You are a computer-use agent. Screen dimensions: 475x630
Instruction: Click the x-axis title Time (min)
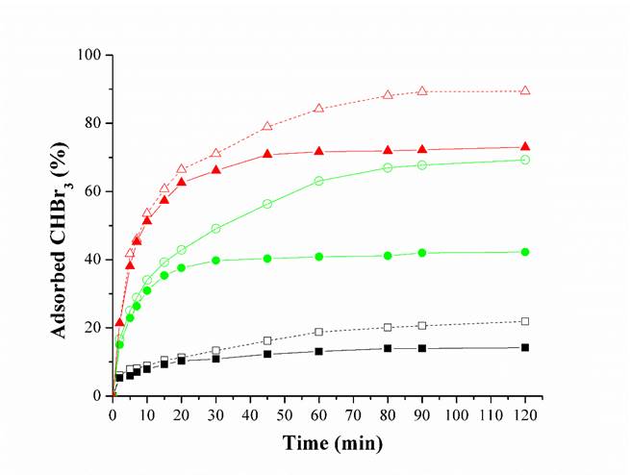[x=332, y=443]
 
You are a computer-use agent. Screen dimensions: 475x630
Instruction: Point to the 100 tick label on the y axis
[x=91, y=55]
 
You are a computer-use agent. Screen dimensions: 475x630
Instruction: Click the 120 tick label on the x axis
[x=524, y=415]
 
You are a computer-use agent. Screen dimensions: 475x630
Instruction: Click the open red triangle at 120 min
[x=524, y=90]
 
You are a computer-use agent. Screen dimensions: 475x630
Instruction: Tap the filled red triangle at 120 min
[x=524, y=147]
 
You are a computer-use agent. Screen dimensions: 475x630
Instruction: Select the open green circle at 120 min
[x=524, y=160]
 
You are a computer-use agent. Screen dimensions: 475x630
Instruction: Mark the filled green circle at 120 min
[x=524, y=252]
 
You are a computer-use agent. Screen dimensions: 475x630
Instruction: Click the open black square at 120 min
[x=524, y=321]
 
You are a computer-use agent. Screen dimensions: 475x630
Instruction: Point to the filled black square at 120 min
[x=524, y=347]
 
